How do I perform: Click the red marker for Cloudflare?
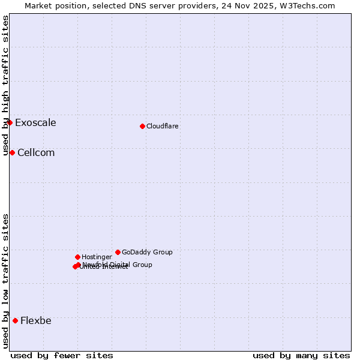142,126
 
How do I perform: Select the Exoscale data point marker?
10,122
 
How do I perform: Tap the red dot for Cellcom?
12,152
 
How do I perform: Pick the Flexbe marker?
15,320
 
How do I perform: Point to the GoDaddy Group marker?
118,252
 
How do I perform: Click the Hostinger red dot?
77,257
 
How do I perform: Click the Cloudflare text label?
163,127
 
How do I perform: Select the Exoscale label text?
35,123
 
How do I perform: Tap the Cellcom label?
36,153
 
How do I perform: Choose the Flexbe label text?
36,321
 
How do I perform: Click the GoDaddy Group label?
147,253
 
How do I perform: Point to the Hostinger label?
97,257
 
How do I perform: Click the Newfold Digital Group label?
117,265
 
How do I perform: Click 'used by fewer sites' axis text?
62,356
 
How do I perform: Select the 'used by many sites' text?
301,356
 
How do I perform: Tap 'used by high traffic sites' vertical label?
5,86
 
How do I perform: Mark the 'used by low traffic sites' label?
5,281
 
